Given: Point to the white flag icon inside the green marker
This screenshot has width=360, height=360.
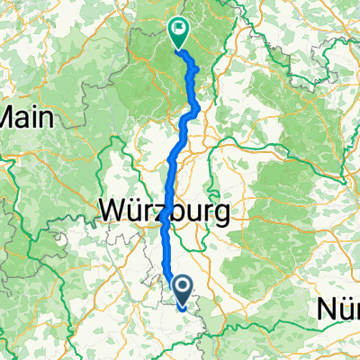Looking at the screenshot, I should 177,31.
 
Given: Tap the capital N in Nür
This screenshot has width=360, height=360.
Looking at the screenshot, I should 327,310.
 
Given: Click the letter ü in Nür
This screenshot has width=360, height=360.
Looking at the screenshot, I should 344,310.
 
